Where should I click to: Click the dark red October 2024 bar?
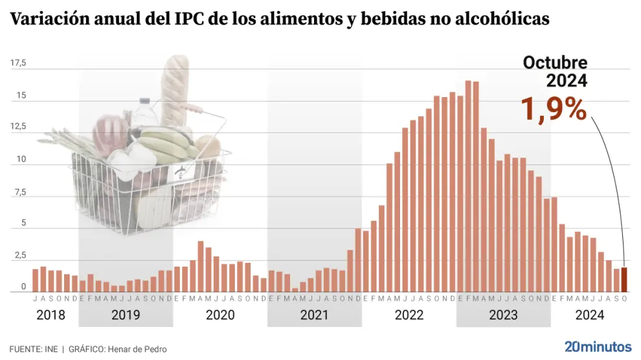pyautogui.click(x=624, y=280)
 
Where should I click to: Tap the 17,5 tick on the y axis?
pyautogui.click(x=18, y=63)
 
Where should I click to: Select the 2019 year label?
pyautogui.click(x=126, y=315)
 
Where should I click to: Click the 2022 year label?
pyautogui.click(x=409, y=315)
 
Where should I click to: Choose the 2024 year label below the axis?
pyautogui.click(x=590, y=315)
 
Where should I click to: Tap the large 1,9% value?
pyautogui.click(x=554, y=109)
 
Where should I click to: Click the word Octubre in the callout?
pyautogui.click(x=555, y=63)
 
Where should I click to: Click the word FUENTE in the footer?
pyautogui.click(x=25, y=349)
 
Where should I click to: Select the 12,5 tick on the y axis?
pyautogui.click(x=18, y=127)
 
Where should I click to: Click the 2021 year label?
pyautogui.click(x=314, y=315)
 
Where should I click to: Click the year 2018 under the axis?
pyautogui.click(x=51, y=315)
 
